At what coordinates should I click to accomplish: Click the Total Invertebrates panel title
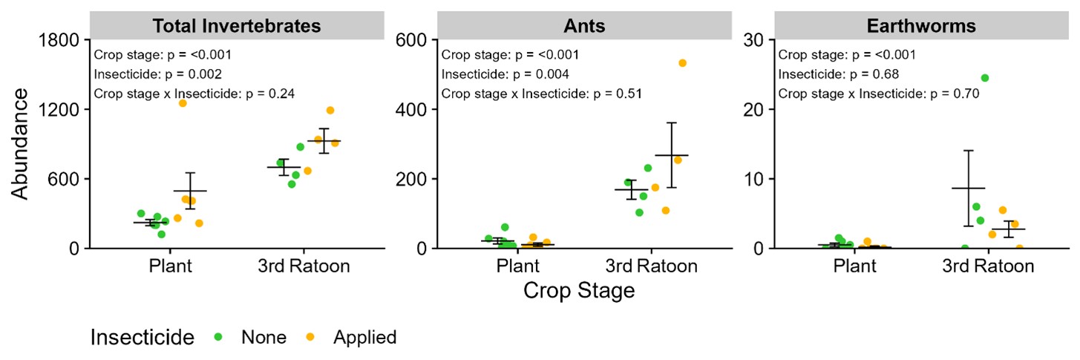(237, 26)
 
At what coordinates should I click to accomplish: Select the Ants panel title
(583, 26)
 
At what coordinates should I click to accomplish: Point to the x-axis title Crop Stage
(579, 290)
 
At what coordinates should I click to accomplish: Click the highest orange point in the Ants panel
(682, 63)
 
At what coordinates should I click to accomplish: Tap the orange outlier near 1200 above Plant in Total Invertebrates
(182, 103)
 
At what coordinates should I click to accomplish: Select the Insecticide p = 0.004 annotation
(506, 74)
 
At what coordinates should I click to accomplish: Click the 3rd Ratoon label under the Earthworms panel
(988, 266)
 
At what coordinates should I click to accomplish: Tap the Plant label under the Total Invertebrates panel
(170, 266)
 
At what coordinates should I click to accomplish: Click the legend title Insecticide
(142, 337)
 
